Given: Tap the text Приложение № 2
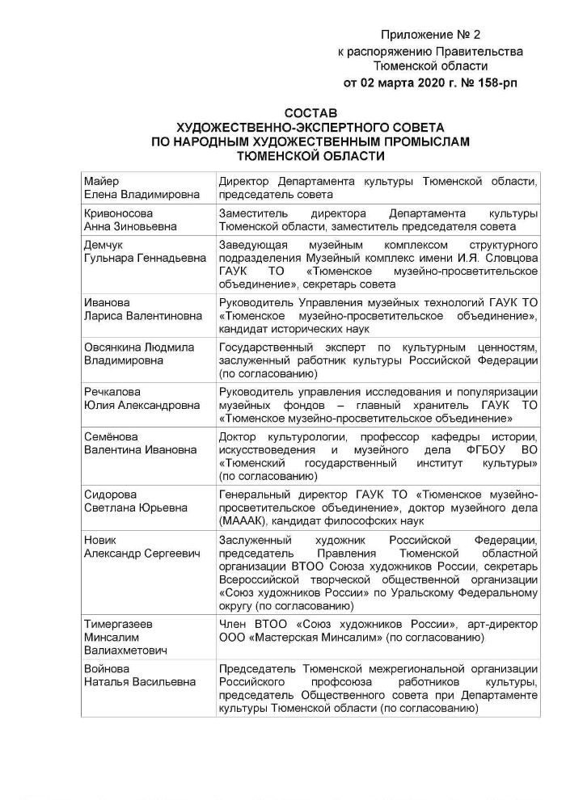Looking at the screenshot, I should pos(430,36).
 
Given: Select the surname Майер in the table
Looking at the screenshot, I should pos(101,181).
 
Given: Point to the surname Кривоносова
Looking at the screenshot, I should pos(118,213).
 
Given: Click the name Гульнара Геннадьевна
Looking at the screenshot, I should pos(142,258).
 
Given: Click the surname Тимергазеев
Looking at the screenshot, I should pos(118,624).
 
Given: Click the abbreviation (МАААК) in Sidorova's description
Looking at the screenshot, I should pos(245,522).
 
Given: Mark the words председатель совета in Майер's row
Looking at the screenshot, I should pos(275,195).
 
